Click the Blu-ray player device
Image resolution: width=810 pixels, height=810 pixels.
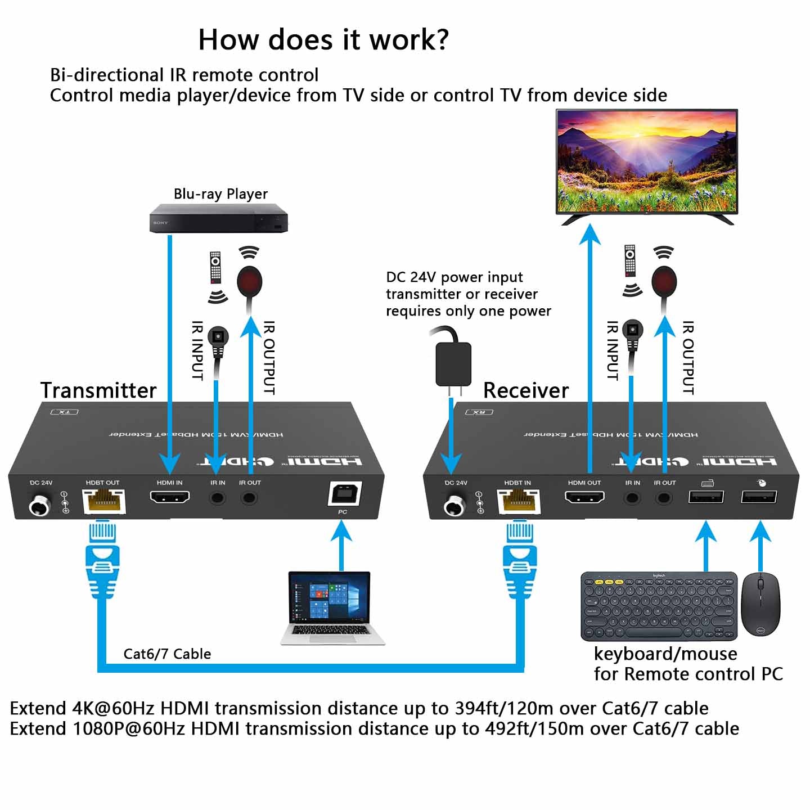tap(218, 220)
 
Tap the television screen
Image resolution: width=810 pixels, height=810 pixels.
tap(646, 161)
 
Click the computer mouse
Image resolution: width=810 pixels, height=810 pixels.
tap(760, 604)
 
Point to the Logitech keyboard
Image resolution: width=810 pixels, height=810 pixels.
tap(659, 606)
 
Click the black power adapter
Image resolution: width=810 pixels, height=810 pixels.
tap(453, 363)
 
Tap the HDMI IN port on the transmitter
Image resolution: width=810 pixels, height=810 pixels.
tap(169, 497)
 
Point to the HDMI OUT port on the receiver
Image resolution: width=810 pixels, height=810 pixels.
tap(584, 497)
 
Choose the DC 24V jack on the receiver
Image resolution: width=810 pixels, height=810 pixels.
tap(454, 506)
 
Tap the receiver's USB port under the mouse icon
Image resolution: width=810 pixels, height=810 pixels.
tap(759, 497)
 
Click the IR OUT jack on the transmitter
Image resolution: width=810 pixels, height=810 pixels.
tap(249, 498)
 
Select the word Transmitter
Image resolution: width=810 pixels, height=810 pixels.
tap(98, 390)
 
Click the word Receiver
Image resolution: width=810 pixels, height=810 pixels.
tap(526, 390)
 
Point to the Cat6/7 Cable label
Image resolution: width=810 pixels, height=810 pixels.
tap(167, 654)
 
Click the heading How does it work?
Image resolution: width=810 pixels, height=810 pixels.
tap(323, 40)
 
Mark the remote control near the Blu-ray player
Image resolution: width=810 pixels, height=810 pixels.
tap(215, 268)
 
